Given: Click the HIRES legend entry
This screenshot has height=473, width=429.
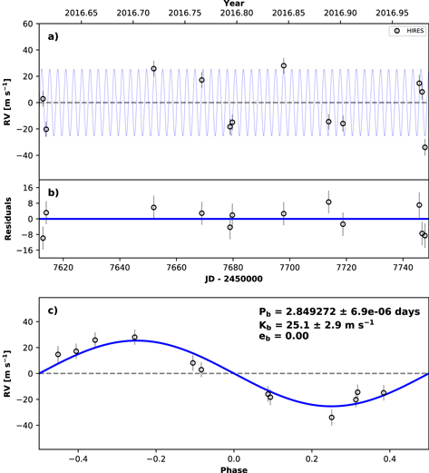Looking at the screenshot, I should (405, 31).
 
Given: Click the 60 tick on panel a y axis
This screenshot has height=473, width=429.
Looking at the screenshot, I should (27, 23).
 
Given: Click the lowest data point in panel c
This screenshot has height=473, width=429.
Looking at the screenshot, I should (332, 418).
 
